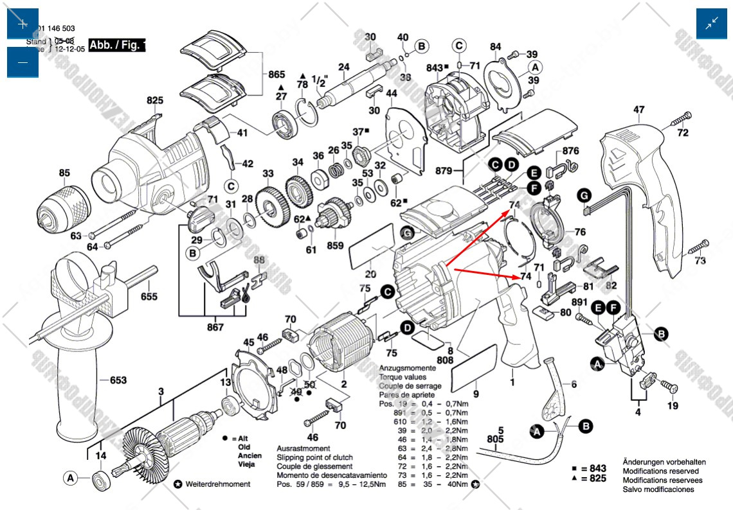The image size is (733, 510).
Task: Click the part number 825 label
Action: [155, 101]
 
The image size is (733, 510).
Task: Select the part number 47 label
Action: [638, 110]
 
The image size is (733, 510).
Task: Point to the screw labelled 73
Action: [698, 247]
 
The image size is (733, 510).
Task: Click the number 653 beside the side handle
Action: [118, 380]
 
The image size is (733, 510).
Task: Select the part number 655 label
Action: [149, 297]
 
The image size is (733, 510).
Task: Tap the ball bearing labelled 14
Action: [101, 479]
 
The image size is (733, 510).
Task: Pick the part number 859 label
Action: [335, 246]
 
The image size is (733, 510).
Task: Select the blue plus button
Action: [23, 24]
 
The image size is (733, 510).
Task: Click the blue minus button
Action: [23, 62]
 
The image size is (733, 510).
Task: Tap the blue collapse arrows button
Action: [712, 24]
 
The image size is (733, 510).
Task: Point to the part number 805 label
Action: [495, 439]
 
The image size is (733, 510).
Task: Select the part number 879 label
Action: [460, 171]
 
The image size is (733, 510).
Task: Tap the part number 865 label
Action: [276, 75]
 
